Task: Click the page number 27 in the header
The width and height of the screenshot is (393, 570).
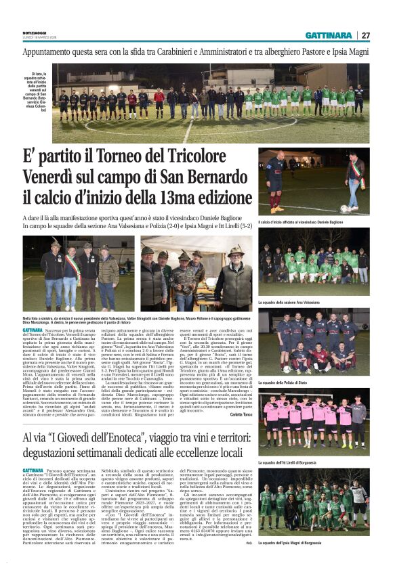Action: [366, 35]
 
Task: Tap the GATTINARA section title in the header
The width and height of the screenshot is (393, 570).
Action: [328, 35]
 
